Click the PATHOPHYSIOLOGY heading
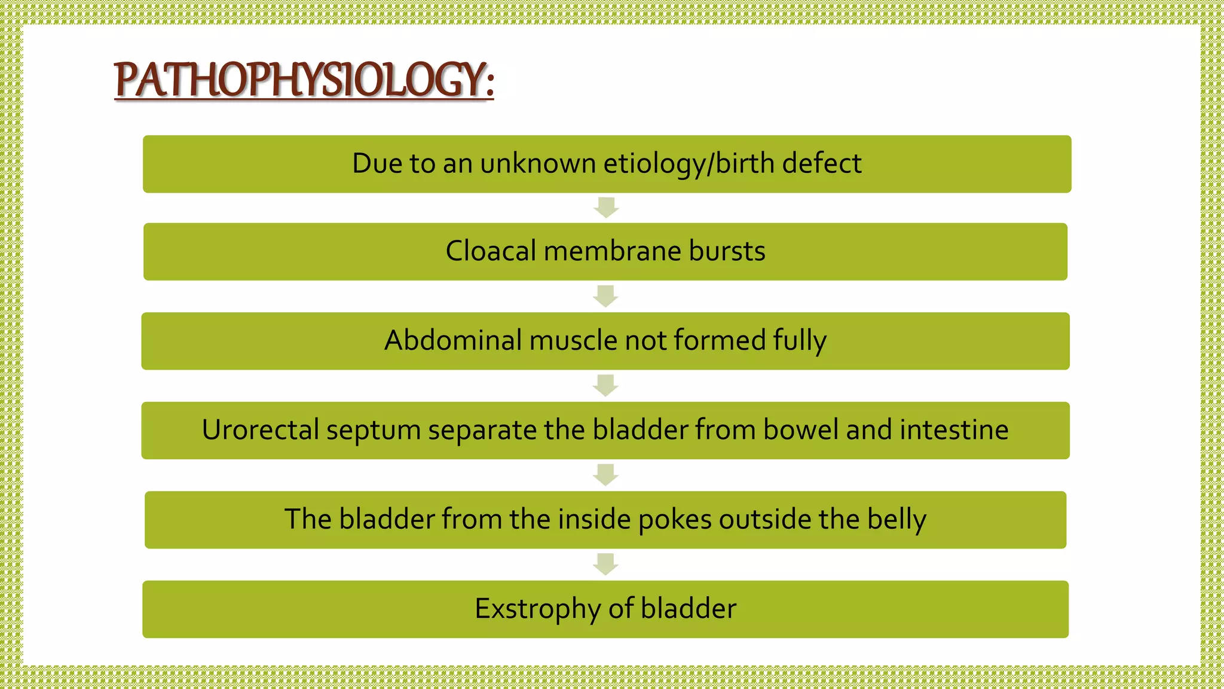(x=304, y=80)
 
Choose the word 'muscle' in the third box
(x=573, y=341)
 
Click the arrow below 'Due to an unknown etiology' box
(x=606, y=208)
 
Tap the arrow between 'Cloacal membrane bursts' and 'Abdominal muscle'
(x=605, y=296)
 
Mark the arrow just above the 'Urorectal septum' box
(x=605, y=386)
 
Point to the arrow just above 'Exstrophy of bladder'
(x=605, y=564)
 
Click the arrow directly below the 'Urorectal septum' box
(x=605, y=475)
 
